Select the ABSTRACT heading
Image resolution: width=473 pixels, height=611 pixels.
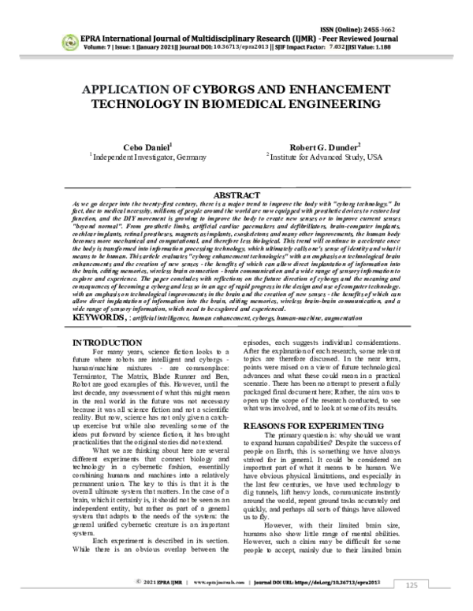tap(236, 194)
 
